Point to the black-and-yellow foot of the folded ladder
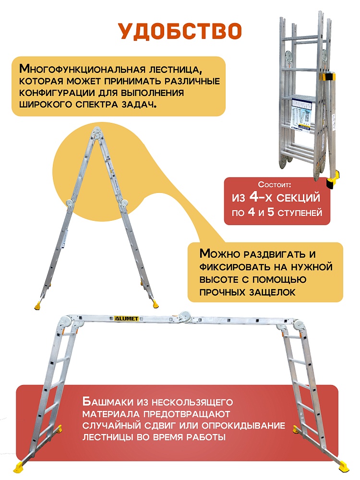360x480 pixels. pyautogui.click(x=332, y=181)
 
